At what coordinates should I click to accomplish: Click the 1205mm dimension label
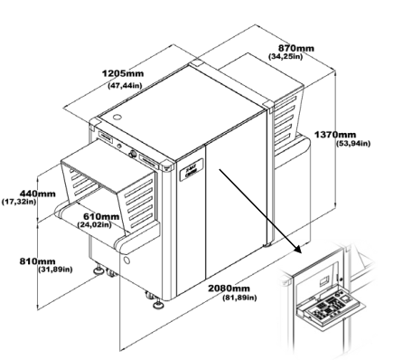(x=123, y=73)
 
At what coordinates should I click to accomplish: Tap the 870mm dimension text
(x=295, y=48)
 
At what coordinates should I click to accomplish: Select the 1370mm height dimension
(x=335, y=135)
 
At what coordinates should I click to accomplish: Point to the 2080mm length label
(x=229, y=289)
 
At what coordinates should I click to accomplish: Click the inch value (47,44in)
(x=125, y=86)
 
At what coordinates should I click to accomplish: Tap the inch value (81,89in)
(x=239, y=298)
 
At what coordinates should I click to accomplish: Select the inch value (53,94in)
(x=353, y=144)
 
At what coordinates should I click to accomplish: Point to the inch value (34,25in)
(x=285, y=56)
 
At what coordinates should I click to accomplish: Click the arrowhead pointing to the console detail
(x=297, y=249)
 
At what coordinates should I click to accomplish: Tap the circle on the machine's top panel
(x=117, y=117)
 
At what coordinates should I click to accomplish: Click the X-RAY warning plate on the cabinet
(x=192, y=170)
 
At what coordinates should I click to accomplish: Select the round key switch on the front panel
(x=132, y=154)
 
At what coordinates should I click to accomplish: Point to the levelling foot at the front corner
(x=158, y=305)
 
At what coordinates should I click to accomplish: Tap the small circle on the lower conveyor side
(x=126, y=260)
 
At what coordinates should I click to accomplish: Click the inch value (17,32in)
(x=19, y=202)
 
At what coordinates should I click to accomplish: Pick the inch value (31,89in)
(x=56, y=270)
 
